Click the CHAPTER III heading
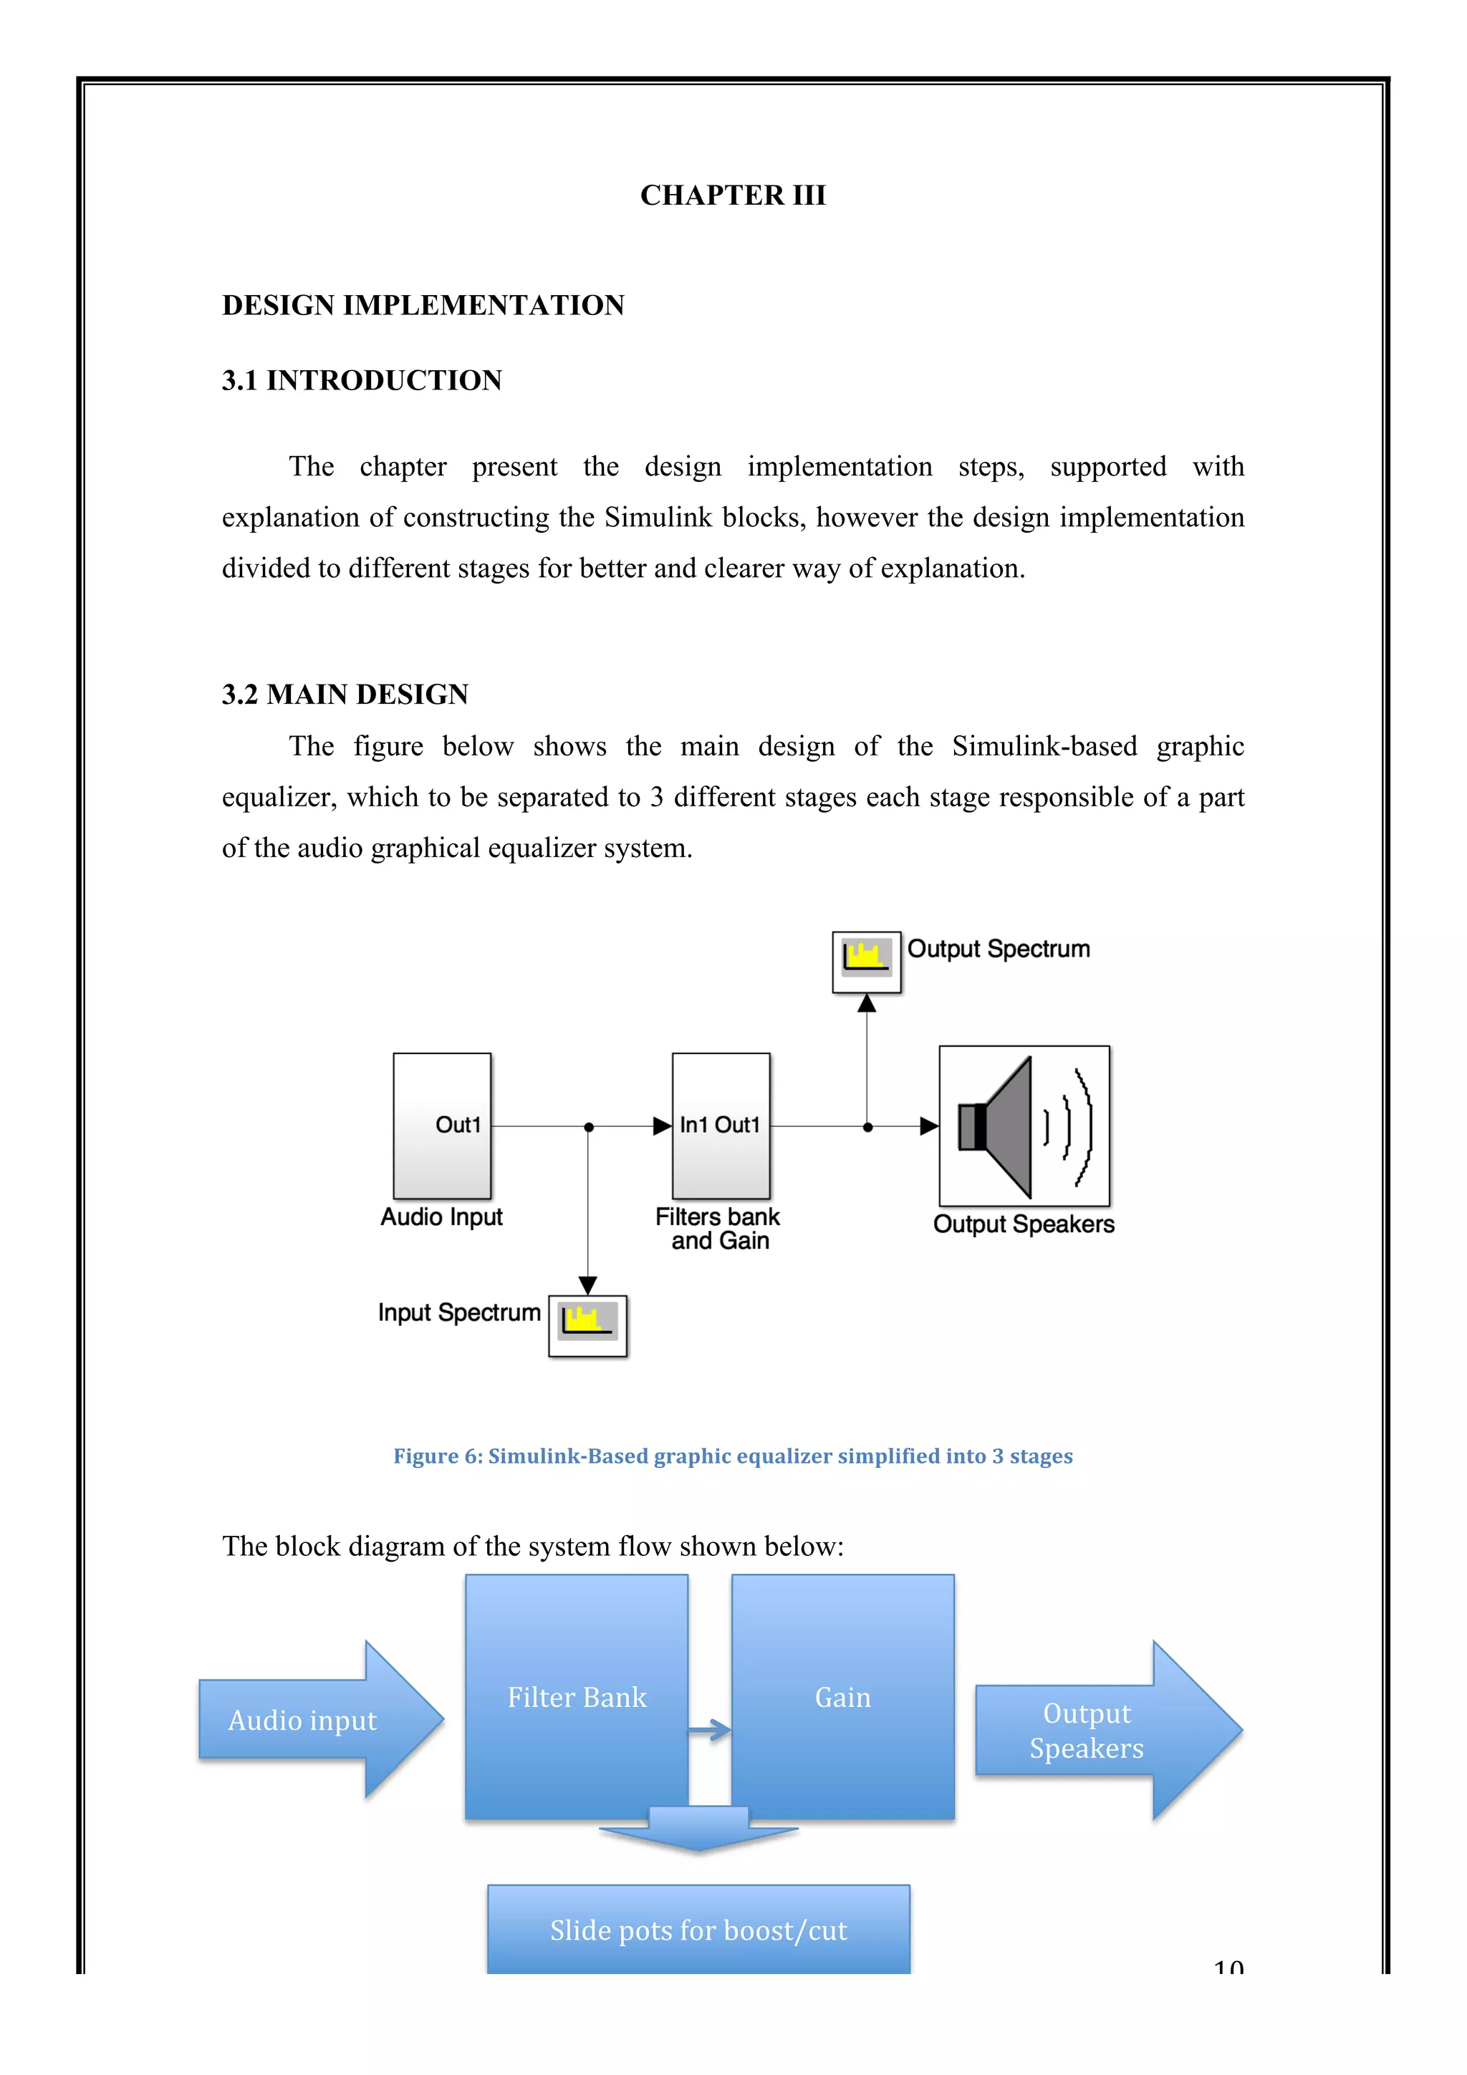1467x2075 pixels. click(732, 195)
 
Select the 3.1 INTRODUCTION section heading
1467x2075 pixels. click(362, 380)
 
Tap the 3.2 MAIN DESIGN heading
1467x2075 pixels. click(345, 694)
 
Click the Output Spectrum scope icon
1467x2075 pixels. click(866, 962)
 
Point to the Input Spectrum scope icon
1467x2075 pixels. click(587, 1326)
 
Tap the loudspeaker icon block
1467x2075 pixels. click(1024, 1126)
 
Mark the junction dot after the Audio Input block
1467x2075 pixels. click(588, 1127)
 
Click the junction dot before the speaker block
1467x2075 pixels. click(867, 1127)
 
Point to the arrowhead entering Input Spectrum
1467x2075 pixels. click(587, 1285)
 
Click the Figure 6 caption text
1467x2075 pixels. click(732, 1456)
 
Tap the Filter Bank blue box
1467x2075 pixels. click(576, 1696)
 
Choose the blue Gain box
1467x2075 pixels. click(842, 1696)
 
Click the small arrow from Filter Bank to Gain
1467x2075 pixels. click(711, 1730)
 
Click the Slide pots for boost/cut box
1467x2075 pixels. click(698, 1930)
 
